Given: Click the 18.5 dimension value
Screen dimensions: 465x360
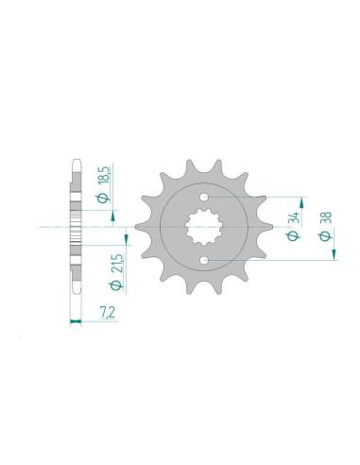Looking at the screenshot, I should (101, 177).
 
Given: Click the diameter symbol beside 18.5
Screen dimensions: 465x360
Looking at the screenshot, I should (101, 197).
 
